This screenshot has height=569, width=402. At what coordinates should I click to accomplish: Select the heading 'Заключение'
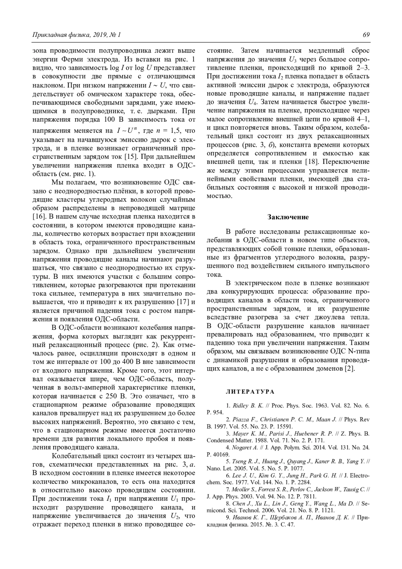tap(288, 217)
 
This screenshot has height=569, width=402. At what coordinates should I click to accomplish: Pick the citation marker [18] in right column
tap(312, 162)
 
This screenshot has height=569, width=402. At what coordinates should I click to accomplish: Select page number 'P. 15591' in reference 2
tap(282, 427)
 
